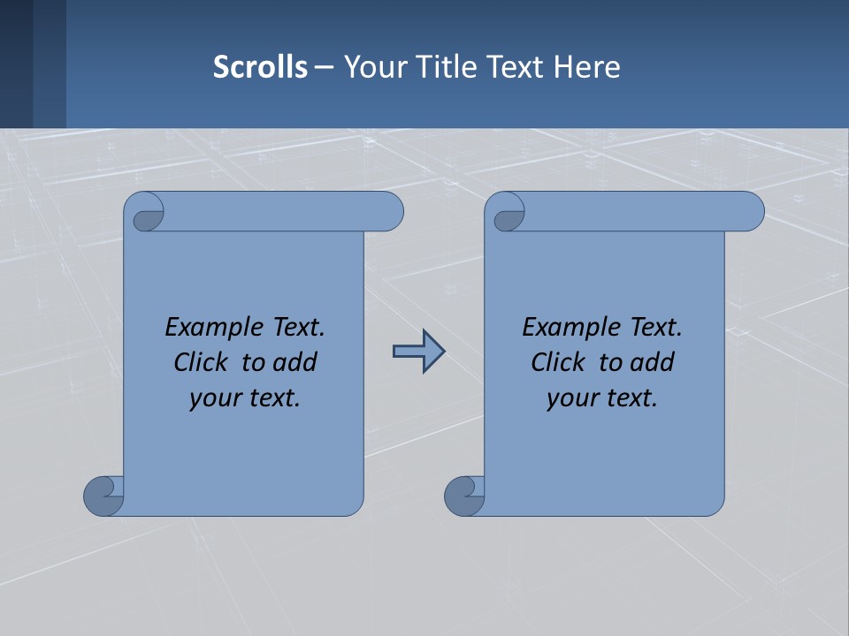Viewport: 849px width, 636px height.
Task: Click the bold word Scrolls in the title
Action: (x=260, y=67)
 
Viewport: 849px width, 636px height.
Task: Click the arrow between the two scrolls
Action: (x=418, y=352)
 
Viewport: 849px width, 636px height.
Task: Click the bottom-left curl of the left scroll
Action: (x=103, y=496)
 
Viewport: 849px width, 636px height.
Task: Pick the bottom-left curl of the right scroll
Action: (x=463, y=496)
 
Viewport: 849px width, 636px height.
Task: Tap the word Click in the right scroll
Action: (x=559, y=362)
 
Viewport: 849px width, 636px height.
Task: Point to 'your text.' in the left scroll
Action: (x=245, y=398)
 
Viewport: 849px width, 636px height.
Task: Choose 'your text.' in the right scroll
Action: (x=602, y=398)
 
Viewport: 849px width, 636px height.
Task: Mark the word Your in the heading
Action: (x=374, y=67)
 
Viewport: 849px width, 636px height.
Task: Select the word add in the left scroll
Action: (x=294, y=362)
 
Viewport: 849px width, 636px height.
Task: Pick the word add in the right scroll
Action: (x=651, y=362)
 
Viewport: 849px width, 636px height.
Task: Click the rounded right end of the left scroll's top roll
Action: (x=389, y=211)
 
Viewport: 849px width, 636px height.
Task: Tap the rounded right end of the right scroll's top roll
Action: (x=750, y=211)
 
